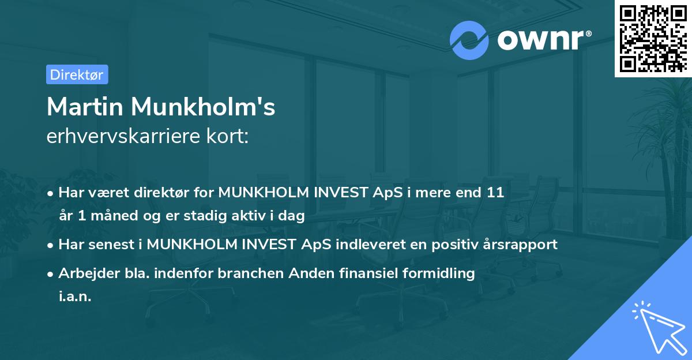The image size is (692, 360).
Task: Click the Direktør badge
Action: (77, 75)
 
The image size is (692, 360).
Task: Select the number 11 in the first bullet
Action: (495, 193)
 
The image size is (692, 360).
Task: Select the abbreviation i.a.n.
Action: (75, 297)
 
